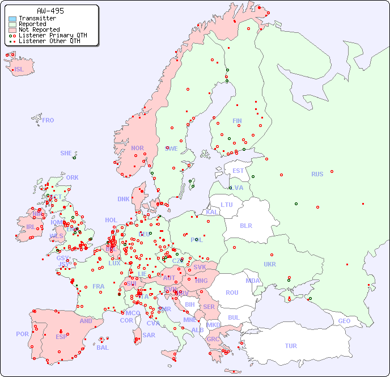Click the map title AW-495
coord(50,11)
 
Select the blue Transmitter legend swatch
coord(12,19)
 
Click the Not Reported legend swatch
coord(12,30)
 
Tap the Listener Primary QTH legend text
coord(53,35)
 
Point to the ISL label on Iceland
coord(19,70)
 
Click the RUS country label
coord(317,174)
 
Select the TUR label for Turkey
coord(291,346)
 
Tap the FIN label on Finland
coord(237,121)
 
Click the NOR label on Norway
coord(137,148)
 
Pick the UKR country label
coord(270,264)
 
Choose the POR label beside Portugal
coord(22,334)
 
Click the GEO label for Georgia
coord(344,321)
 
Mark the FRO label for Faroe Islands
coord(48,120)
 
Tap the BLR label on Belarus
coord(245,225)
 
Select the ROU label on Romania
coord(232,293)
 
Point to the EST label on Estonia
coord(238,171)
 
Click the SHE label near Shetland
coord(66,153)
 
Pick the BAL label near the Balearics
coord(103,348)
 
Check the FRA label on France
coord(99,286)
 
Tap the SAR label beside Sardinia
coord(149,335)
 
